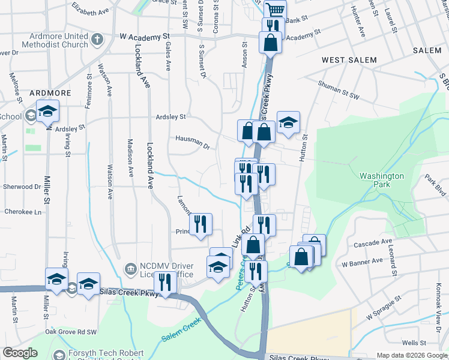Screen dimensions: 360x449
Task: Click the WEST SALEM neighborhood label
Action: pos(349,60)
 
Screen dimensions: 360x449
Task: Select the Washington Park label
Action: pos(382,180)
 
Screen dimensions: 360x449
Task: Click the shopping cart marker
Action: pos(274,10)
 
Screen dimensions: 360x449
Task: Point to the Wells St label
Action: pos(414,343)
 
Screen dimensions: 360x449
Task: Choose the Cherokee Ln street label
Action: pos(24,212)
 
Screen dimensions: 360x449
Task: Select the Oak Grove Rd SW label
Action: pos(71,331)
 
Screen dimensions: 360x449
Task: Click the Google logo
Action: pos(20,353)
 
